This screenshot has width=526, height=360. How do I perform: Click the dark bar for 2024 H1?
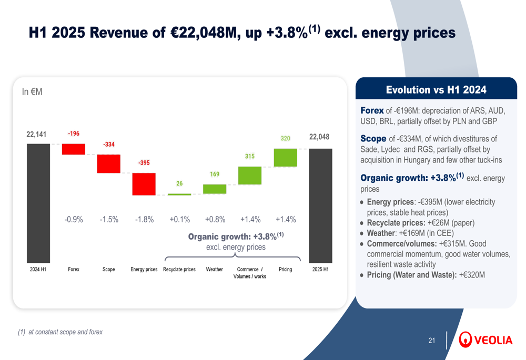(38, 203)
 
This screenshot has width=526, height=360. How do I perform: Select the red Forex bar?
(74, 149)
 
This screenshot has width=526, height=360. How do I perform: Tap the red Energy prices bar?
(144, 184)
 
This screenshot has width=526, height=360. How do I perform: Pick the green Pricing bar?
(285, 158)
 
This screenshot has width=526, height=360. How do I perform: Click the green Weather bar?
(215, 189)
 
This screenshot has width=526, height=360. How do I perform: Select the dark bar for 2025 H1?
(320, 205)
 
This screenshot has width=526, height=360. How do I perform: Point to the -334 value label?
(108, 144)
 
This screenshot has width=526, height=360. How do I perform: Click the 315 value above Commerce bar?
(250, 156)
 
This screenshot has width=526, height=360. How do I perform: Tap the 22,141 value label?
(37, 135)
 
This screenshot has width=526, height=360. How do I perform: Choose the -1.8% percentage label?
(144, 220)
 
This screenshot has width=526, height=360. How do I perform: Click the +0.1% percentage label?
(179, 220)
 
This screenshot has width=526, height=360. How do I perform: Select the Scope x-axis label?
(108, 270)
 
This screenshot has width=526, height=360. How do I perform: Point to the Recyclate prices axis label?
(179, 270)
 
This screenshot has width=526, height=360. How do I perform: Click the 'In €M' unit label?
(32, 92)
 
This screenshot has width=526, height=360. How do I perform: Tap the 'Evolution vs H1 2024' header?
(436, 89)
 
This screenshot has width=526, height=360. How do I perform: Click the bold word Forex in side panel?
(372, 110)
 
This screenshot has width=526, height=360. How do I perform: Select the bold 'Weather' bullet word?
(380, 233)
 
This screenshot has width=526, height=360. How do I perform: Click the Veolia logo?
(485, 340)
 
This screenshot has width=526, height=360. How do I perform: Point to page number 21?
(432, 341)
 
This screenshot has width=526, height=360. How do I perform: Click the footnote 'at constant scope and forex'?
(65, 332)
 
